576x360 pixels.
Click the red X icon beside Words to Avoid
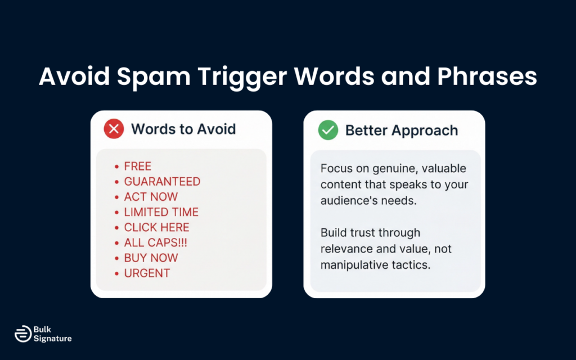click(x=114, y=129)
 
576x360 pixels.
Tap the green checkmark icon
click(x=328, y=130)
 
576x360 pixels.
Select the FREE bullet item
click(x=138, y=166)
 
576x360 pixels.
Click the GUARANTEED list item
click(x=162, y=182)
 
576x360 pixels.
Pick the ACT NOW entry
click(x=151, y=197)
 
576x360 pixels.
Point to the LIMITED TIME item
click(x=161, y=212)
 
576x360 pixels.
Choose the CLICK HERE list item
click(x=156, y=227)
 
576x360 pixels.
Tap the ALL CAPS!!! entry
click(x=156, y=242)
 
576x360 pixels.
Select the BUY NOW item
click(x=151, y=258)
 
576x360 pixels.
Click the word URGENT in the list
click(x=147, y=273)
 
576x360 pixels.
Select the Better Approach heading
click(x=401, y=130)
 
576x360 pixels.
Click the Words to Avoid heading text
click(x=183, y=129)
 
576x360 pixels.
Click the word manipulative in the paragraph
click(x=354, y=264)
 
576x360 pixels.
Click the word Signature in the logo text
click(x=52, y=339)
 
